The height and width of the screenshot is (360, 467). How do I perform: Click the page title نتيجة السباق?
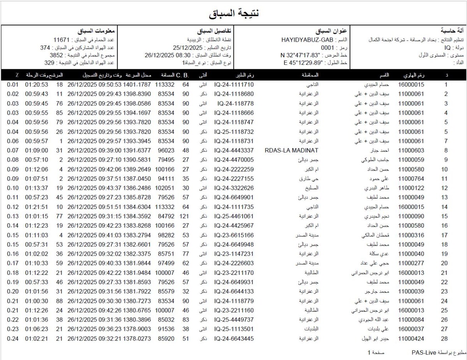(234, 13)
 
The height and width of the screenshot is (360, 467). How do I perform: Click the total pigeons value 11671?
(61, 40)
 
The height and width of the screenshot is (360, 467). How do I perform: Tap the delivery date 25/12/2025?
(189, 47)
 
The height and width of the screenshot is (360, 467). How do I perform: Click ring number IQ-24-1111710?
(234, 84)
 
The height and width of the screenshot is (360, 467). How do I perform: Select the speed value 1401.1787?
(137, 84)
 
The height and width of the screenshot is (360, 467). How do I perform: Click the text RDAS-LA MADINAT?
(291, 150)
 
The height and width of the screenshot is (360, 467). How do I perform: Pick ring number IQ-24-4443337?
(234, 150)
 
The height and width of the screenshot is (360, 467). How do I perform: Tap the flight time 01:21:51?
(37, 207)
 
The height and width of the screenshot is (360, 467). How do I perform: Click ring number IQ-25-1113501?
(234, 329)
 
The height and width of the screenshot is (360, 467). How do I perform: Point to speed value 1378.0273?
(137, 339)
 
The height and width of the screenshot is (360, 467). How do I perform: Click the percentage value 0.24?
(13, 339)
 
